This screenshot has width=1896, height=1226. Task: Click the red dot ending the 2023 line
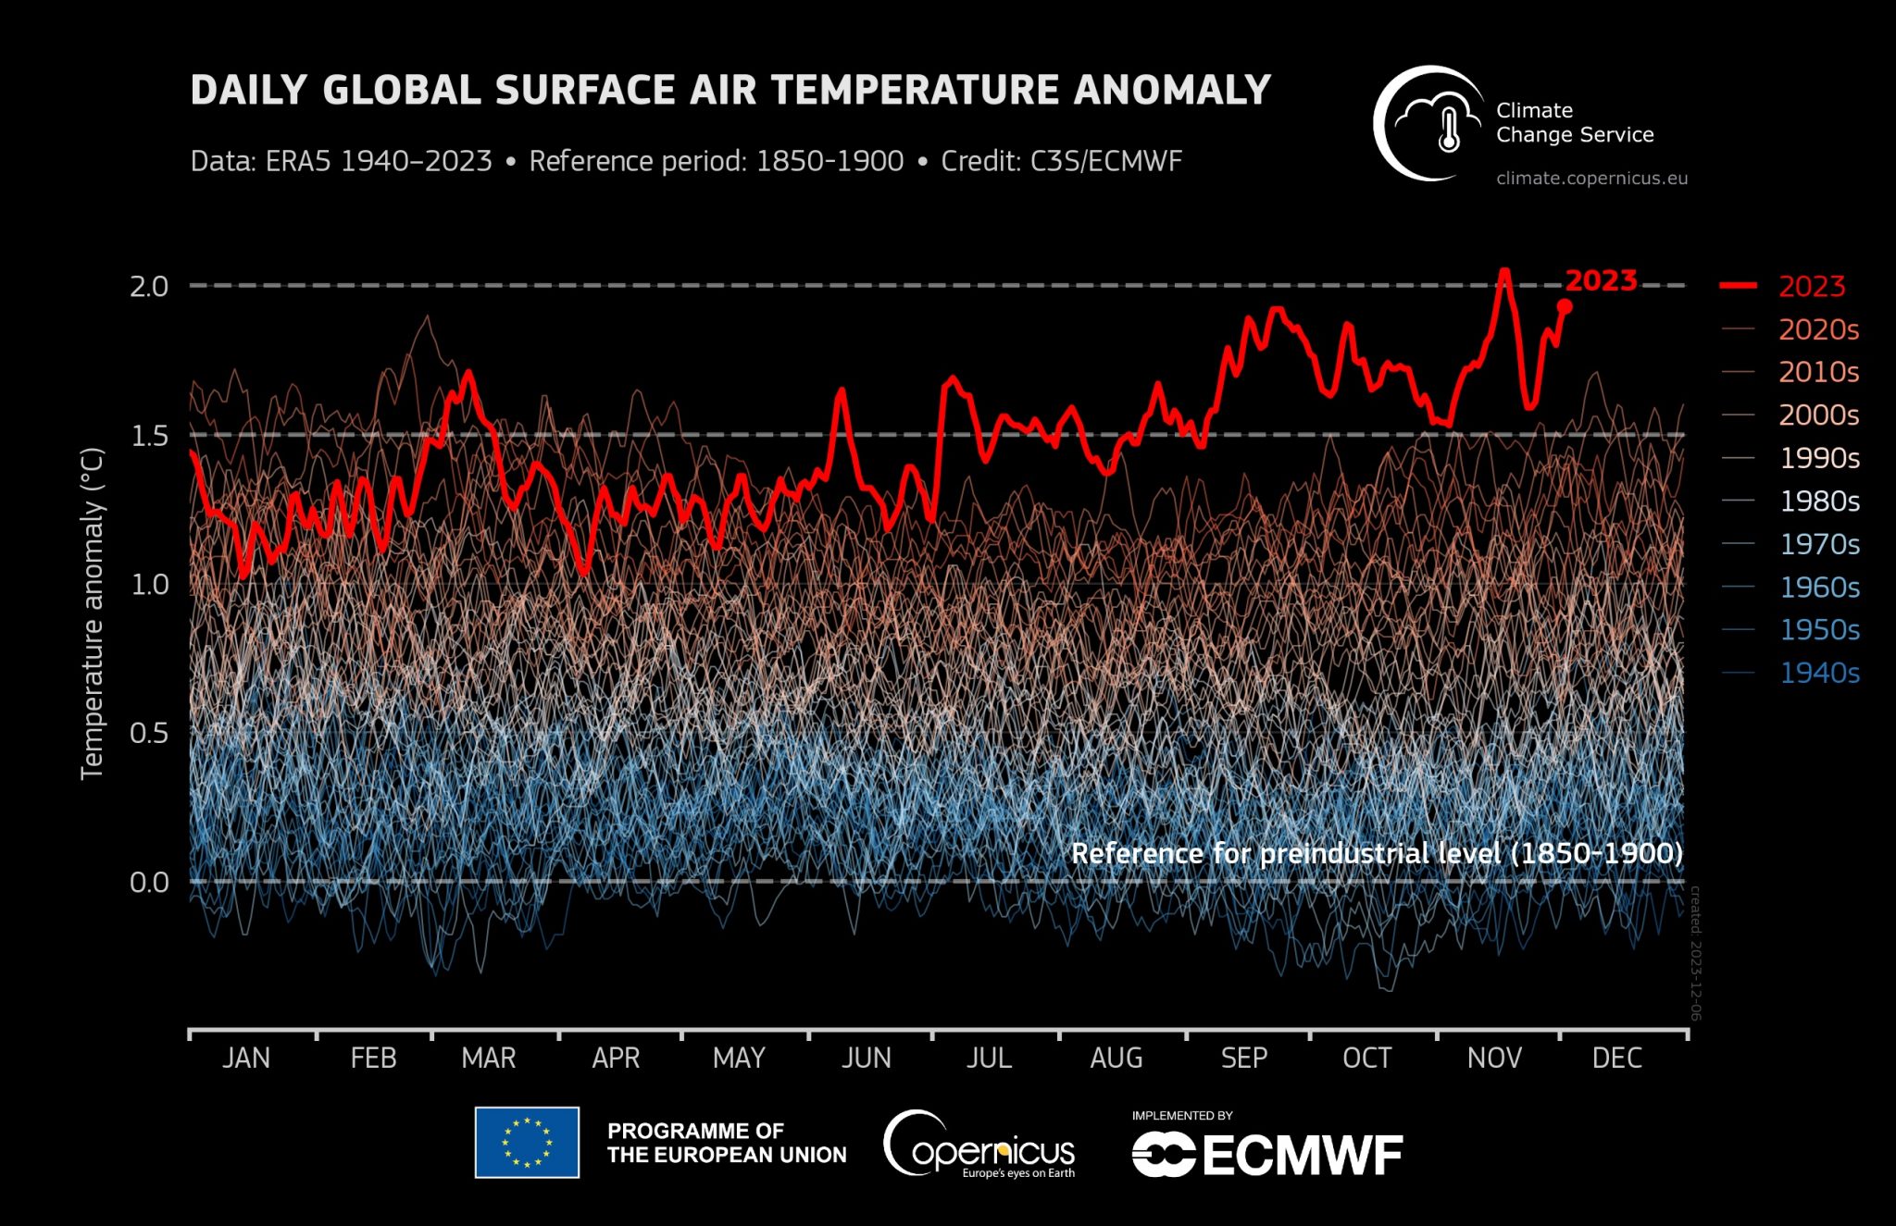pos(1565,306)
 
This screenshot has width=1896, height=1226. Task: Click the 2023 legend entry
pos(1811,286)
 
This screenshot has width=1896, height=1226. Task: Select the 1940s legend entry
pos(1818,673)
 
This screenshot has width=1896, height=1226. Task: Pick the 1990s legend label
pos(1818,458)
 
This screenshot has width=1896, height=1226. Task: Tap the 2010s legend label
pos(1818,372)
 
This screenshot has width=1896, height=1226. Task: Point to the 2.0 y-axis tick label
pos(149,286)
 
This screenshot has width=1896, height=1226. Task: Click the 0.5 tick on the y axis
pos(149,734)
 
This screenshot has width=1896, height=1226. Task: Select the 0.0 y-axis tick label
pos(149,882)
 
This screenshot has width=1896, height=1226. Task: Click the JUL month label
pos(989,1058)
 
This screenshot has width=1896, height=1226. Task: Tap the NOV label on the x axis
pos(1493,1058)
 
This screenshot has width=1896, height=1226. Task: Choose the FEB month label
pos(373,1058)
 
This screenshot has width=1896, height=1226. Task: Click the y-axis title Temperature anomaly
pos(92,613)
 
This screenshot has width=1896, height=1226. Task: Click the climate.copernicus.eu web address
pos(1591,179)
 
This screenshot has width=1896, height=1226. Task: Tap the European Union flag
pos(527,1142)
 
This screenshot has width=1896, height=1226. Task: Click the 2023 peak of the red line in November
pos(1504,271)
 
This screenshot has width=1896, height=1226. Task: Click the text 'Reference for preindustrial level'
pos(1287,852)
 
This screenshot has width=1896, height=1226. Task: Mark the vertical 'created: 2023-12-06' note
pos(1695,953)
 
